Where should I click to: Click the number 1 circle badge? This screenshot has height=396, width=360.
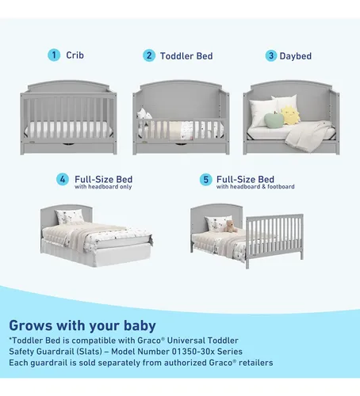click(54, 55)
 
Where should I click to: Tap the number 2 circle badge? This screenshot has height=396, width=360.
click(149, 55)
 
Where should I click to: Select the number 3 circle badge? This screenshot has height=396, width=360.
click(271, 55)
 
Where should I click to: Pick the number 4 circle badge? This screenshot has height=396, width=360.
click(63, 179)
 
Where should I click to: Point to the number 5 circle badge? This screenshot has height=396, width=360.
click(206, 180)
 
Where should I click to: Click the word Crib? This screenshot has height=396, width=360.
click(75, 55)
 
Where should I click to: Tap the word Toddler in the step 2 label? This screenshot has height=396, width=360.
click(177, 56)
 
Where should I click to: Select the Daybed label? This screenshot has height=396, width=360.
click(296, 56)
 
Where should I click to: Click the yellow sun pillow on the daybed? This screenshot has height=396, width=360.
click(290, 115)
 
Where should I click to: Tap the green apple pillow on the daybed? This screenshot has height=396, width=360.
click(274, 120)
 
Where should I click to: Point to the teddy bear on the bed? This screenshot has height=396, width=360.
click(230, 227)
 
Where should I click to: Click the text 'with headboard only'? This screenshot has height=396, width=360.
click(103, 187)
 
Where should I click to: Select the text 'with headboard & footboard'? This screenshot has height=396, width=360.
click(255, 187)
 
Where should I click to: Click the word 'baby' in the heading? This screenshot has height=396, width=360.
click(140, 326)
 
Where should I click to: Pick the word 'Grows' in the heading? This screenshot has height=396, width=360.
click(31, 326)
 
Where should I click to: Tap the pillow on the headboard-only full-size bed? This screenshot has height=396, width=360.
click(70, 216)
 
